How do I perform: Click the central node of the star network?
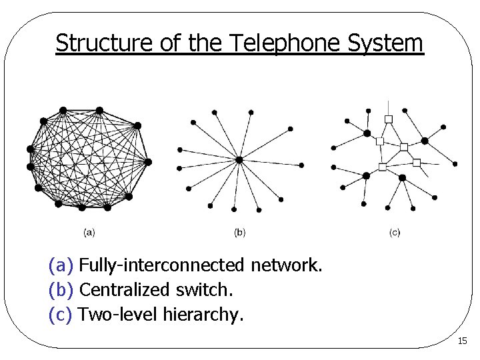tap(239, 159)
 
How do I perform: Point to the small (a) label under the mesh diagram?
tap(89, 233)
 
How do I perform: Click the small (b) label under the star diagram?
tap(240, 233)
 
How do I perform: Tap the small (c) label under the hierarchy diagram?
tap(395, 233)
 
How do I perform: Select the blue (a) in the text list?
tap(61, 267)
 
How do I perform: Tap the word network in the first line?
tap(287, 267)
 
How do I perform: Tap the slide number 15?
tap(463, 341)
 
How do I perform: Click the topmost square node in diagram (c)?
tap(389, 119)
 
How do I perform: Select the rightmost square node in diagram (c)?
tap(417, 163)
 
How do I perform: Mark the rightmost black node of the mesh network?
tap(148, 162)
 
